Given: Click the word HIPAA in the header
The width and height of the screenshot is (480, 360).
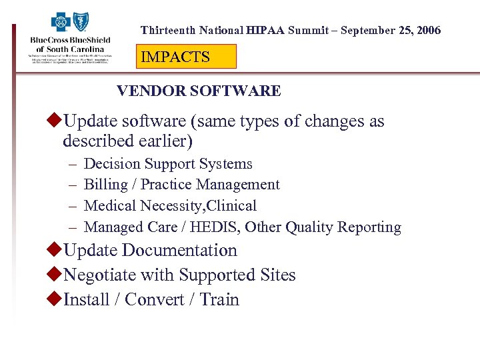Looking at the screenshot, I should pyautogui.click(x=265, y=31).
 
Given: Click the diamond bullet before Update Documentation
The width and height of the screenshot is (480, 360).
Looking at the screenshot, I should pyautogui.click(x=56, y=251).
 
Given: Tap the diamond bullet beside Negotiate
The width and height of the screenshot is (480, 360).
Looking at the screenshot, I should pyautogui.click(x=56, y=275).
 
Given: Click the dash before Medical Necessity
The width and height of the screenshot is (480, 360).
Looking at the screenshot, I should pyautogui.click(x=71, y=206).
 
